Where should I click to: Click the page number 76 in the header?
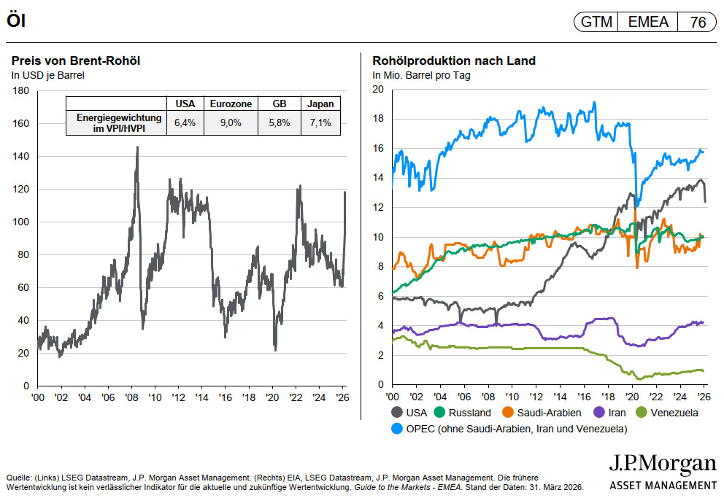[697, 22]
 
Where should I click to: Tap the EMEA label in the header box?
[648, 22]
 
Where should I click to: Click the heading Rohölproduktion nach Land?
[454, 61]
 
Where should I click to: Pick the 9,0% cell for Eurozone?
[231, 123]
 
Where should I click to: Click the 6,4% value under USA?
[185, 123]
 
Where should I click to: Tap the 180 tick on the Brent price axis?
[21, 91]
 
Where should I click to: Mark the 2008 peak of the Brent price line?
[137, 147]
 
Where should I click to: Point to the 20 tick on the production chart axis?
[377, 90]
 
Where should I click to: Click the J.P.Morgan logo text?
[662, 465]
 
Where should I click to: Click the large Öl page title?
[17, 22]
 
